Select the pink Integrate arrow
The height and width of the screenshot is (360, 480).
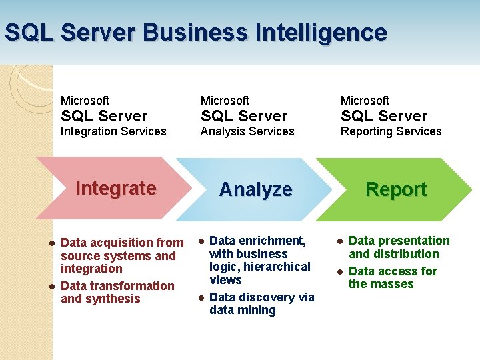point(113,189)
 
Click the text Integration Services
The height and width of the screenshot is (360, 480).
point(113,131)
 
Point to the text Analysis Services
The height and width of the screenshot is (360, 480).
point(247,131)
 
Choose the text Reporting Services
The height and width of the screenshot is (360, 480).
point(391,131)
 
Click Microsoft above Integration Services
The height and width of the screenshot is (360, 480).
point(85,100)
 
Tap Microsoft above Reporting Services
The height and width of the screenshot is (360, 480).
point(365,100)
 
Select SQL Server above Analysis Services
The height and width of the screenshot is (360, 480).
point(244,116)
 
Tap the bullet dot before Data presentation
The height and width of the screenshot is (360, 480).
point(339,241)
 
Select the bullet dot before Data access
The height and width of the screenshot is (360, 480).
point(339,271)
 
